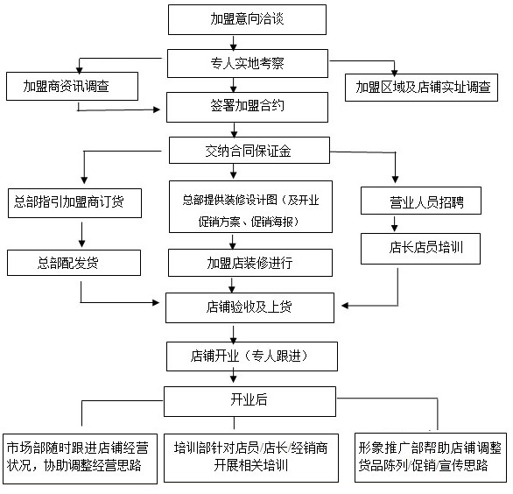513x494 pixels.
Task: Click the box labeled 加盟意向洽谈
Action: (x=247, y=19)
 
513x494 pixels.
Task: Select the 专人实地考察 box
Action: (x=248, y=64)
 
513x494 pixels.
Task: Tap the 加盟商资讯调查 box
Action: (x=72, y=87)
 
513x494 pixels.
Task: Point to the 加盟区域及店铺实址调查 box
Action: (x=421, y=88)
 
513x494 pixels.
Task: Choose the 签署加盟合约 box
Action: (x=247, y=107)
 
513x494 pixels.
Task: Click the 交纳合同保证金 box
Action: (x=249, y=151)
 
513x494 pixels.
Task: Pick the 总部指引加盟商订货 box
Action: (x=74, y=203)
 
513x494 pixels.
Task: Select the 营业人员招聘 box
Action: (x=421, y=201)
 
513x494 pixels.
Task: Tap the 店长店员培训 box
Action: (x=420, y=249)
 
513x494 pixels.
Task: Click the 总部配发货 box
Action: (x=74, y=263)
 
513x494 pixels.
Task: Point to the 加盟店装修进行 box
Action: (x=250, y=263)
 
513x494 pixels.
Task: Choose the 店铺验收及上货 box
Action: (x=249, y=307)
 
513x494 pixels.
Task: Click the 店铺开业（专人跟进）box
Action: (x=252, y=356)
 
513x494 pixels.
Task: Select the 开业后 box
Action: (x=249, y=401)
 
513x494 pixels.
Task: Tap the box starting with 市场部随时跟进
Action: (x=80, y=459)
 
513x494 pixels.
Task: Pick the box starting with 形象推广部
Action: (x=431, y=458)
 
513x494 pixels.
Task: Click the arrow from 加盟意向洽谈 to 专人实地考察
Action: (x=233, y=43)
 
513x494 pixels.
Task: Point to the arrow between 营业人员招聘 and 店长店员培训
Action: (x=395, y=224)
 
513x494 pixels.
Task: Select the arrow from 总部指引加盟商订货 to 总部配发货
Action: (x=81, y=235)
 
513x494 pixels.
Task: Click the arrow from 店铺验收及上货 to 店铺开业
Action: (x=233, y=334)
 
